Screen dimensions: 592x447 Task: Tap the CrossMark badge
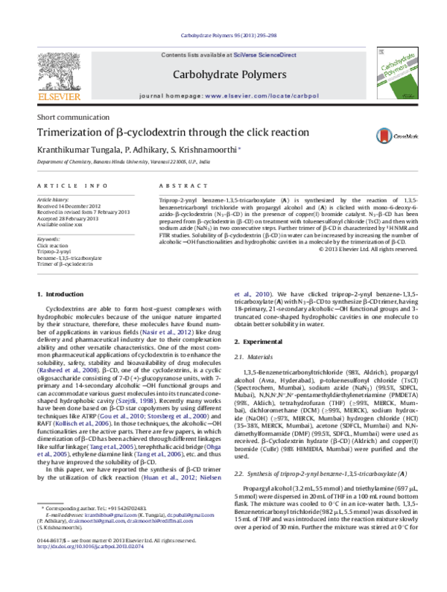399,134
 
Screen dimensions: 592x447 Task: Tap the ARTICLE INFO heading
66,184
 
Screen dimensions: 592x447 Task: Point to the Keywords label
48,238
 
